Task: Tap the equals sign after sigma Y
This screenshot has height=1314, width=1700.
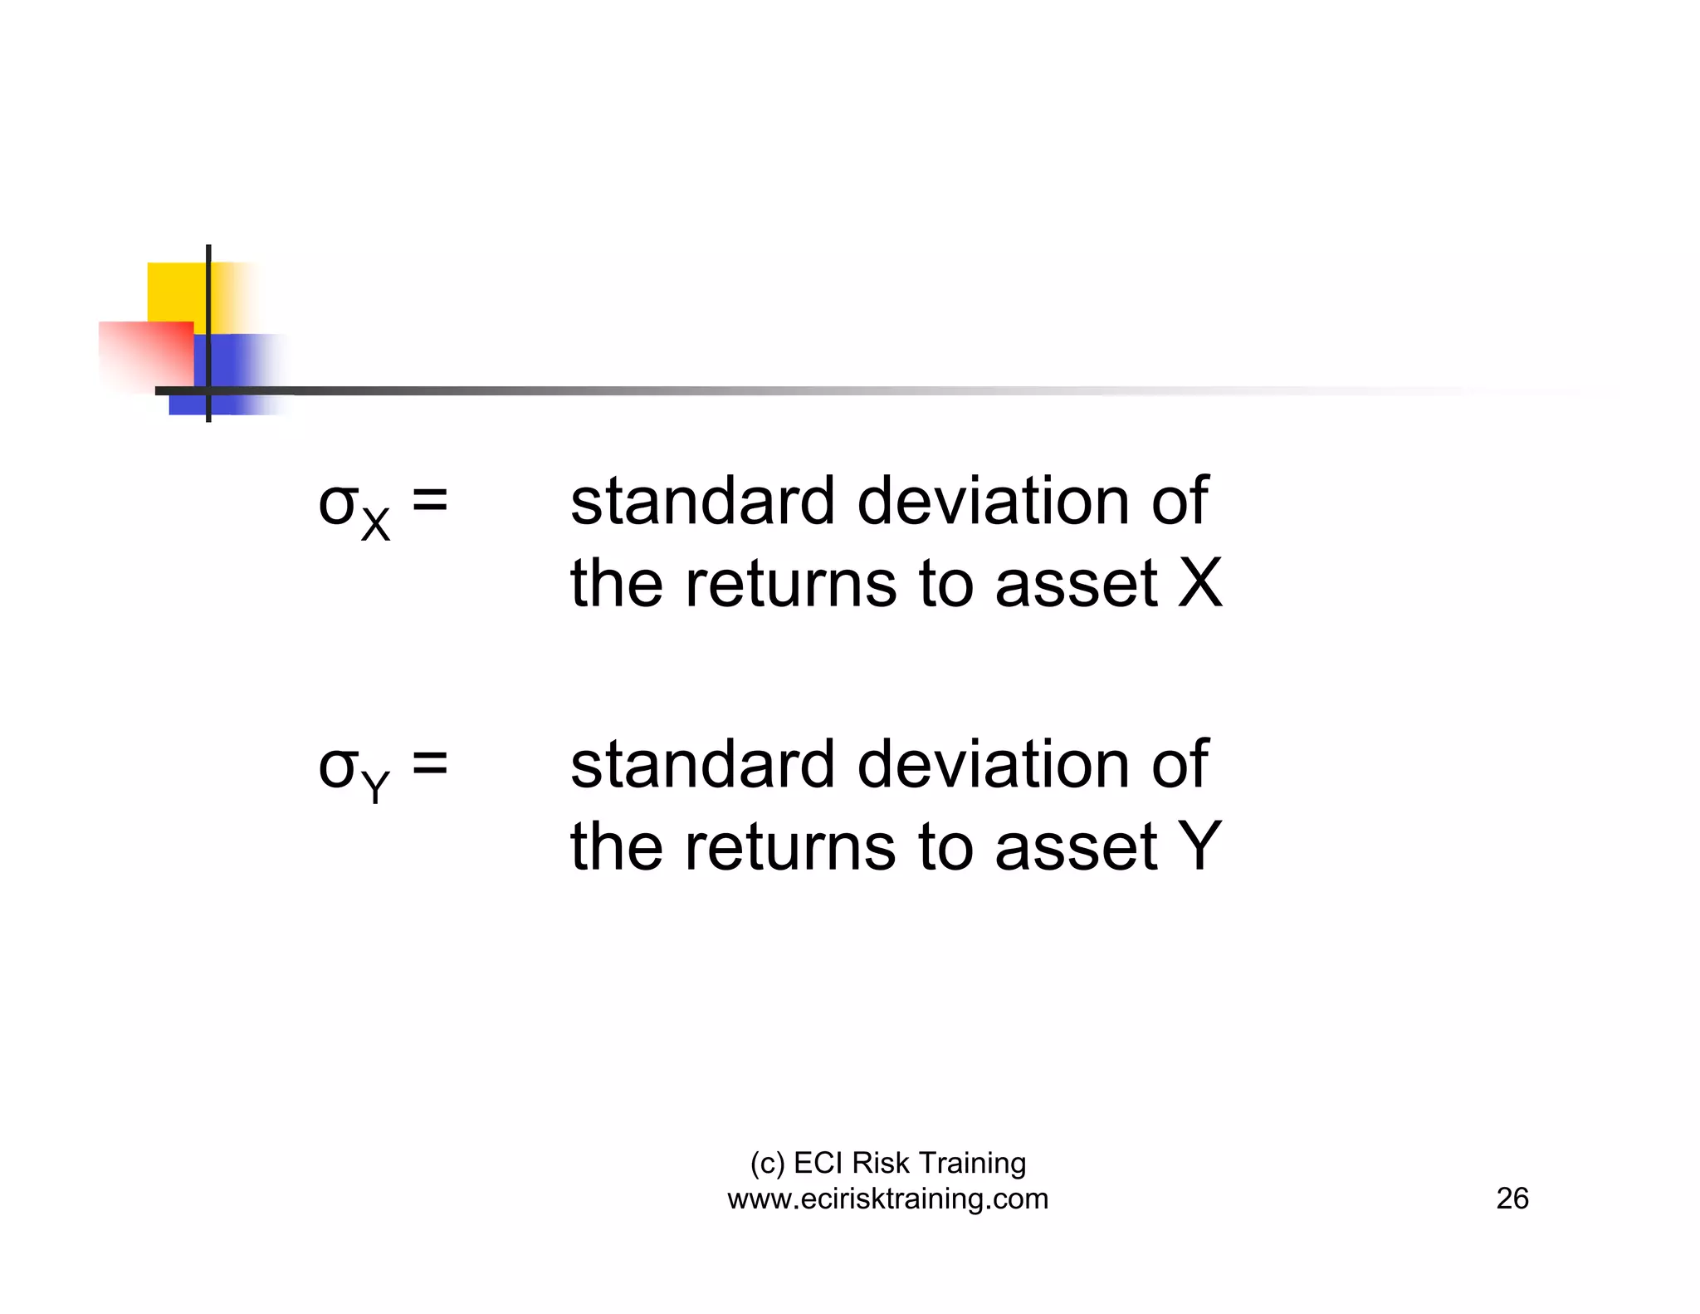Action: click(x=430, y=763)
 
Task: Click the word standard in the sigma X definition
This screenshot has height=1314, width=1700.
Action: click(x=702, y=502)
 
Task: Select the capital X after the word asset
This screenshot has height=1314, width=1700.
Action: click(x=1200, y=583)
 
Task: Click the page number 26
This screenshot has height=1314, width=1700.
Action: click(x=1512, y=1199)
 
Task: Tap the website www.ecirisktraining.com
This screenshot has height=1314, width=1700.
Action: click(x=887, y=1199)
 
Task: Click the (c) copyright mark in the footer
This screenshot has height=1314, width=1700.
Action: click(x=767, y=1164)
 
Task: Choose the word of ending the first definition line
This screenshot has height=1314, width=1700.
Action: click(x=1179, y=502)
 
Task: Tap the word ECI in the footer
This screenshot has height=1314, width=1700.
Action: click(x=818, y=1164)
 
